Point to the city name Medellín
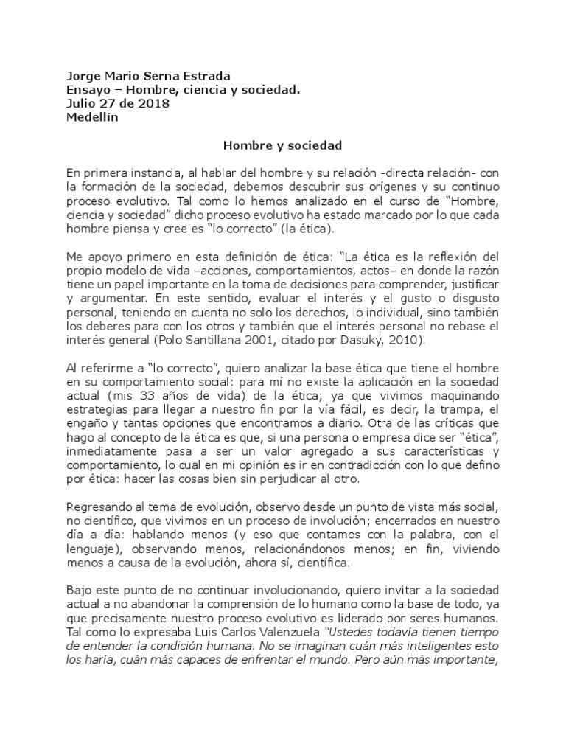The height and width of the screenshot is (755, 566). click(92, 117)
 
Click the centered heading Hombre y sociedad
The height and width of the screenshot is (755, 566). click(282, 147)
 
